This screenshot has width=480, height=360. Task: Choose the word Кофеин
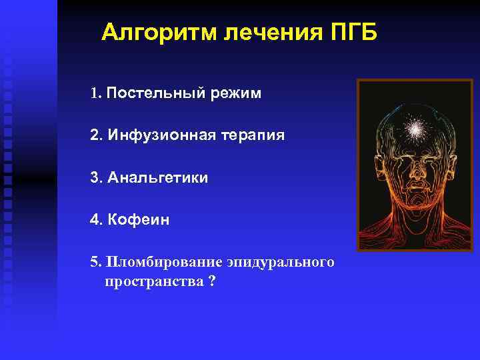(137, 220)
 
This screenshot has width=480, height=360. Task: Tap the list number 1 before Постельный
(94, 93)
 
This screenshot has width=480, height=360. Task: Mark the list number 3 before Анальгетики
(94, 178)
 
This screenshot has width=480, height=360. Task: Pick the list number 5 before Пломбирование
(94, 262)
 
